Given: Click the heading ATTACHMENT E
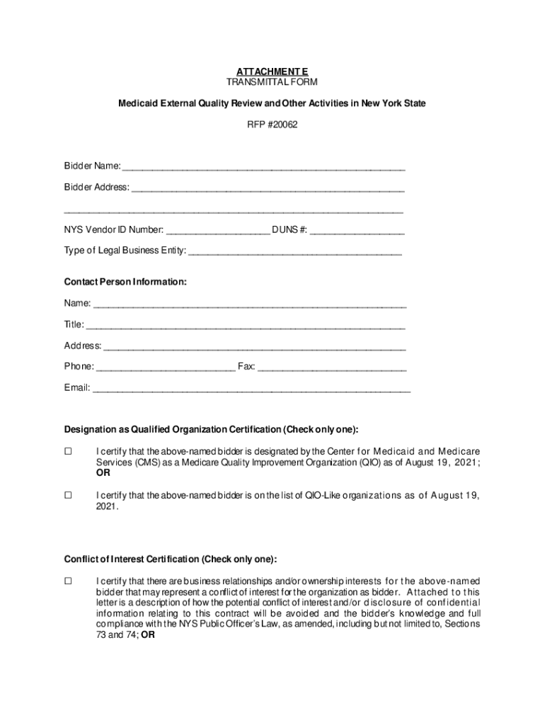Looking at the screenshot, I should tap(272, 72).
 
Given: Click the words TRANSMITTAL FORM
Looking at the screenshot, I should tap(272, 82).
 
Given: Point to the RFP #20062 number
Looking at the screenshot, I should tap(272, 125).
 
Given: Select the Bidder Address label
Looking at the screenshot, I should tap(97, 188).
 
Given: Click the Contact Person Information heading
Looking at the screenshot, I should tap(125, 282).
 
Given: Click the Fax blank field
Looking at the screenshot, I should tap(332, 367).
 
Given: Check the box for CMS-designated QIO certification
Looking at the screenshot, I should tap(69, 452).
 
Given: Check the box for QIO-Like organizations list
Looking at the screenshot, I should tap(69, 496).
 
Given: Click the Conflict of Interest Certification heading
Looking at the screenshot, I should tap(171, 558).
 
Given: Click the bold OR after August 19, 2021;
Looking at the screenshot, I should tap(103, 474).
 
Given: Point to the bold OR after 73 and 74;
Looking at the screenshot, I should tap(148, 635).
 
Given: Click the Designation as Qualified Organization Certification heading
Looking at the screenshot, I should tap(211, 430).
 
